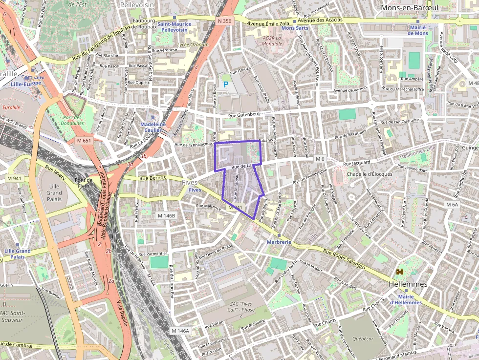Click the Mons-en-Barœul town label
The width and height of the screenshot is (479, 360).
tap(409, 8)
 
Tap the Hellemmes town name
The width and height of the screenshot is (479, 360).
tap(408, 284)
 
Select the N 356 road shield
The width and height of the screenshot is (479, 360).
tap(225, 21)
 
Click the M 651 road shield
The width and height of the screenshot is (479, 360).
tap(84, 141)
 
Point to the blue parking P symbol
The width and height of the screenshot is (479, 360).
tap(225, 85)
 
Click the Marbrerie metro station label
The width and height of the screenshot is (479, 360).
tap(279, 242)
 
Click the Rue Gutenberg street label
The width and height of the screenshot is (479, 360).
tap(243, 114)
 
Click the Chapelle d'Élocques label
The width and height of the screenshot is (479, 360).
tap(369, 174)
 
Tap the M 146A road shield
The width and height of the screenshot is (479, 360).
tap(180, 331)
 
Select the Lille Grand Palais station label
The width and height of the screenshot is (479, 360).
tap(17, 254)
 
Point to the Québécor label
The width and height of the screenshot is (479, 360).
tap(362, 338)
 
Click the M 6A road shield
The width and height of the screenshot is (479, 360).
tap(452, 205)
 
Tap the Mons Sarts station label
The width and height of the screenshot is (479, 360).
tap(295, 28)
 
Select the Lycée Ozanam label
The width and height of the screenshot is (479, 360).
tap(193, 44)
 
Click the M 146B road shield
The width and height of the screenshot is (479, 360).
tap(166, 215)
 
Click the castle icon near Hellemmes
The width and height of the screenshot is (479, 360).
tap(400, 272)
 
